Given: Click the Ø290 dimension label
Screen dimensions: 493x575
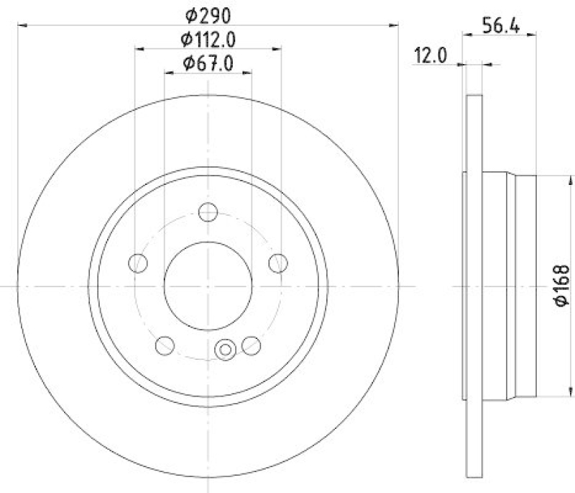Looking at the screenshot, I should click(x=208, y=13).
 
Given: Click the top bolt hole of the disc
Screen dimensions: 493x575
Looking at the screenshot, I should click(x=208, y=212).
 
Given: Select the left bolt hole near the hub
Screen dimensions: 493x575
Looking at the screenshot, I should click(x=137, y=263).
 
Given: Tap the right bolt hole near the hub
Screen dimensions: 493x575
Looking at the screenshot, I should click(x=278, y=263).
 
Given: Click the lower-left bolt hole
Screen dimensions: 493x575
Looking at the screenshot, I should click(x=165, y=345).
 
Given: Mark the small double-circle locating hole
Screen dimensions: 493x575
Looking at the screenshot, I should click(x=225, y=350).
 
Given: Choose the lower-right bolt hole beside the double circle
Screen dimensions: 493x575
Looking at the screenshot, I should click(x=251, y=345).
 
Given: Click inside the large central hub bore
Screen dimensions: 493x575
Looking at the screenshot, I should click(x=208, y=285).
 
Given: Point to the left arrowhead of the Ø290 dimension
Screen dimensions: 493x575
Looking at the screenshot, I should click(x=22, y=25).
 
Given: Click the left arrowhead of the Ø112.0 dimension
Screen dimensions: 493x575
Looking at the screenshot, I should click(x=139, y=50).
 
